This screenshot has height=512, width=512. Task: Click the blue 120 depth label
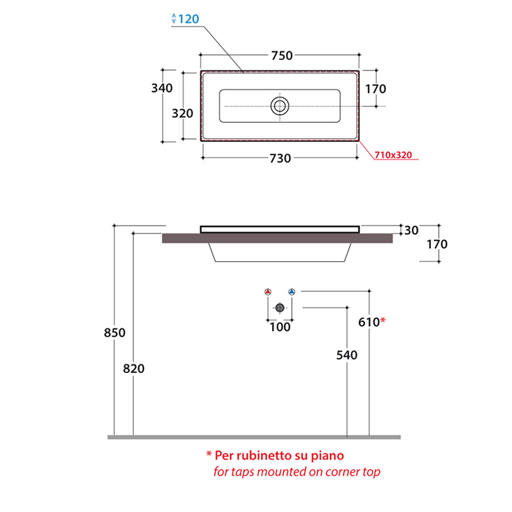189,19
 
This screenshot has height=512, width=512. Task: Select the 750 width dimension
282,56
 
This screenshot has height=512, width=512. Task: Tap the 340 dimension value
162,88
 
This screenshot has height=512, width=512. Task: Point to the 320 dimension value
183,113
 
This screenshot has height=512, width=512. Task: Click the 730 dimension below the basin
280,159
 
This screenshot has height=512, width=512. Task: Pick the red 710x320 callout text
394,155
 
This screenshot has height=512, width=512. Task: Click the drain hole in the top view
279,106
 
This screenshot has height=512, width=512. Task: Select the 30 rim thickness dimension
411,230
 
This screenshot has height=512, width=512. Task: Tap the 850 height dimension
115,333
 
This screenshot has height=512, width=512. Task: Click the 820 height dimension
134,369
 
